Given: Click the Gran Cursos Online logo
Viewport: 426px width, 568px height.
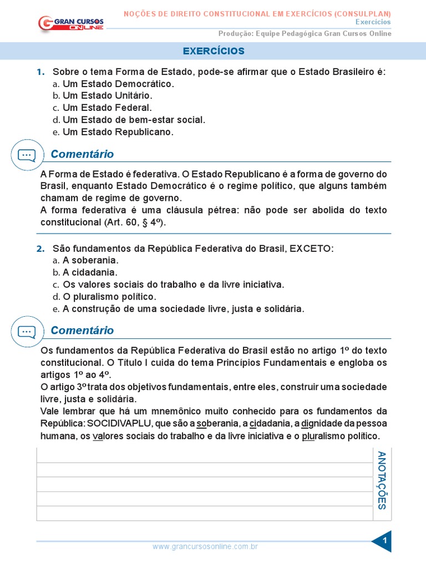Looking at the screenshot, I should tap(71, 23).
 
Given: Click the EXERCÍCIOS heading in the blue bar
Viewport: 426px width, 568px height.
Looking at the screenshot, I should tap(214, 51).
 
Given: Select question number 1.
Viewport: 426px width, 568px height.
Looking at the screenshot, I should tap(40, 72).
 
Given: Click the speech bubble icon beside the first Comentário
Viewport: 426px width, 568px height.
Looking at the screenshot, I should tap(27, 155).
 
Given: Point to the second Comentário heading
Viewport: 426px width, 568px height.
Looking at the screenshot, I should tap(82, 331).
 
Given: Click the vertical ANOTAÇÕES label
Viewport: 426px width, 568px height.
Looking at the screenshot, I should tap(382, 480).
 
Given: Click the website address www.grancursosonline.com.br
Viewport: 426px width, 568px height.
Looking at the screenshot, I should tap(205, 547).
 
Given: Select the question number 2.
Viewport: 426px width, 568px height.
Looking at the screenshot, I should tap(40, 248).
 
